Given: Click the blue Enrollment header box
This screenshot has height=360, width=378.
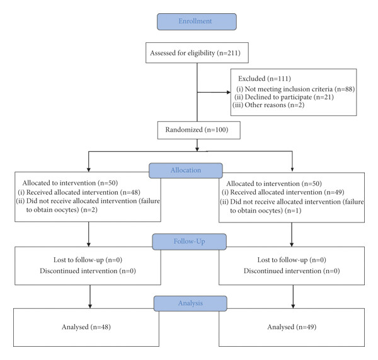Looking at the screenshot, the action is pyautogui.click(x=197, y=21).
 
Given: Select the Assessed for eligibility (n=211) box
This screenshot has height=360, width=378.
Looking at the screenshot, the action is pyautogui.click(x=197, y=53).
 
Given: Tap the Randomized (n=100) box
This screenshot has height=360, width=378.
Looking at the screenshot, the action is pyautogui.click(x=199, y=130).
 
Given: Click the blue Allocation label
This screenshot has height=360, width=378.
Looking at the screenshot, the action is pyautogui.click(x=186, y=170).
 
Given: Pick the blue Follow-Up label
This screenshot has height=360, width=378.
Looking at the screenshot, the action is pyautogui.click(x=189, y=241).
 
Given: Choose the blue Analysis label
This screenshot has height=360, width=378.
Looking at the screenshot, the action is pyautogui.click(x=190, y=303).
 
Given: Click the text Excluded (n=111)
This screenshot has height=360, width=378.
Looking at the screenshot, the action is pyautogui.click(x=265, y=79).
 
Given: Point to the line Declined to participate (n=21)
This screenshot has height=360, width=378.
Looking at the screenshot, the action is pyautogui.click(x=284, y=97).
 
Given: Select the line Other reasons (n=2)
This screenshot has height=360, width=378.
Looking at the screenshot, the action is pyautogui.click(x=268, y=105).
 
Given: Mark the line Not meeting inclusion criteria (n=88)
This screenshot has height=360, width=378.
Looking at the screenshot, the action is pyautogui.click(x=295, y=90).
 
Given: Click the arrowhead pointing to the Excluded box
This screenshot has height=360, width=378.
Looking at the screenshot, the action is pyautogui.click(x=229, y=92).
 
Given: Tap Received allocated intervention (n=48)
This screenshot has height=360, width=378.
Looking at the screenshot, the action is pyautogui.click(x=79, y=192).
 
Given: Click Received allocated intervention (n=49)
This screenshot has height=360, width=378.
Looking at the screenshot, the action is pyautogui.click(x=283, y=192).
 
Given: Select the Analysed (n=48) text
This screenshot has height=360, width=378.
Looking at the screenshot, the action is pyautogui.click(x=86, y=327).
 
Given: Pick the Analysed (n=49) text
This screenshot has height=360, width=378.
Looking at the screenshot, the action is pyautogui.click(x=292, y=327).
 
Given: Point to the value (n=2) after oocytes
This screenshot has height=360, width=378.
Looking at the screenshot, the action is pyautogui.click(x=89, y=210).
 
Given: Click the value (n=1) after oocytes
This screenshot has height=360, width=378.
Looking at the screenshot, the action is pyautogui.click(x=293, y=211).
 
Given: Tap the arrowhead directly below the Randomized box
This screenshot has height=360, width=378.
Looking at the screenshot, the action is pyautogui.click(x=197, y=149).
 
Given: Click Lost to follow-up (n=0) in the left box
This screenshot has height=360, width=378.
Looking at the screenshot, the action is pyautogui.click(x=88, y=260).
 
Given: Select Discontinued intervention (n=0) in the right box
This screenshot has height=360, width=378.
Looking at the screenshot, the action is pyautogui.click(x=292, y=271).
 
